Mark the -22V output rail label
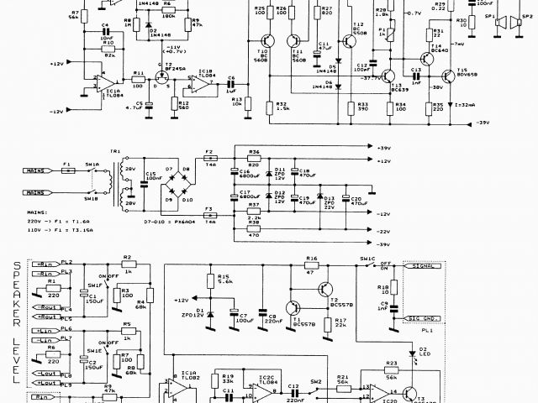point(382,230)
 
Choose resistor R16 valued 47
point(311,266)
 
